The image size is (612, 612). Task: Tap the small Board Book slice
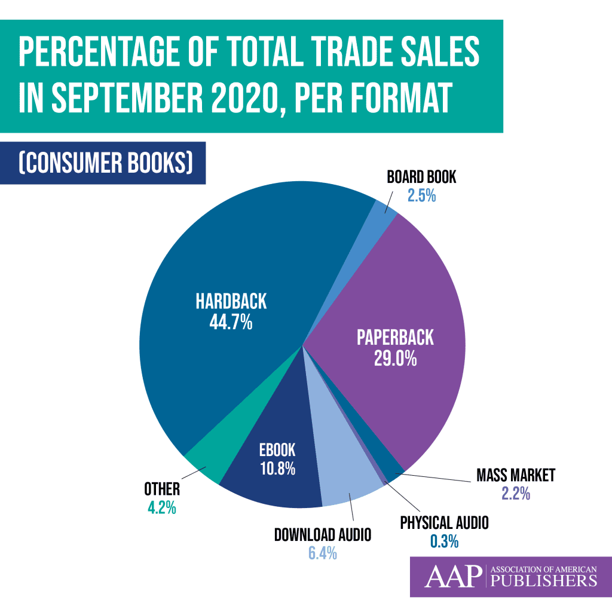(384, 213)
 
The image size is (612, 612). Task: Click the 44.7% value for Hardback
(231, 323)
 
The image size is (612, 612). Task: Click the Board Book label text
(421, 177)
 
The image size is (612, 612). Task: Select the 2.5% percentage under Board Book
(421, 195)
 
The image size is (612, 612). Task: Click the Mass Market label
(516, 476)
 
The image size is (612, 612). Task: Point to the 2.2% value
(516, 494)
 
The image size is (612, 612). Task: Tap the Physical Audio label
(444, 524)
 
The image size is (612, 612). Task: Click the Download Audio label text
(323, 534)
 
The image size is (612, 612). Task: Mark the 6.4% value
(323, 553)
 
